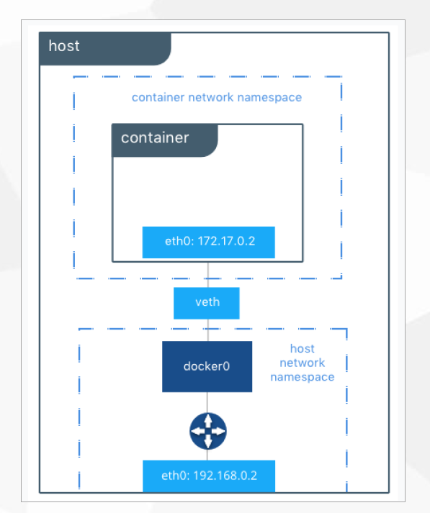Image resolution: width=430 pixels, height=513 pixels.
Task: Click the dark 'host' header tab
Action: click(104, 48)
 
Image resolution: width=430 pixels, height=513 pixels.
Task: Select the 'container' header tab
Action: click(165, 140)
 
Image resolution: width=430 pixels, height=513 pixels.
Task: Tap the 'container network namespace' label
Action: click(217, 98)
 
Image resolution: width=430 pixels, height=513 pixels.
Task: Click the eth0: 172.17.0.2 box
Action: click(209, 242)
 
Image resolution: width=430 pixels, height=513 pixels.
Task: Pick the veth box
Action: click(207, 303)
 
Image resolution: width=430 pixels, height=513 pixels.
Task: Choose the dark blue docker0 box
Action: click(207, 366)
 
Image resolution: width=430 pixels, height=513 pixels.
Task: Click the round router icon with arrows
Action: click(208, 431)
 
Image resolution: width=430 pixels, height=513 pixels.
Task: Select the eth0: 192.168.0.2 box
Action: click(209, 476)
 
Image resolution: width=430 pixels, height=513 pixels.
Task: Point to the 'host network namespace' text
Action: click(303, 363)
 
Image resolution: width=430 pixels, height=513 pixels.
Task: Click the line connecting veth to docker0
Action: click(207, 330)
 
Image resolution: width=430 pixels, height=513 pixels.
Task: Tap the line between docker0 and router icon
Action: click(207, 402)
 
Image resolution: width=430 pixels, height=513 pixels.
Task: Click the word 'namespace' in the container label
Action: click(269, 98)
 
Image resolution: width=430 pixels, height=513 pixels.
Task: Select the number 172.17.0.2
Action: click(226, 241)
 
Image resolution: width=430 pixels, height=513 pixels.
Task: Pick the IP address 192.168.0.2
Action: click(225, 476)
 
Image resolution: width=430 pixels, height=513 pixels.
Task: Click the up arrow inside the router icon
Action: click(208, 421)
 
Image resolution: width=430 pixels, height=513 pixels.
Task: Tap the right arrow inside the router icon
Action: click(218, 431)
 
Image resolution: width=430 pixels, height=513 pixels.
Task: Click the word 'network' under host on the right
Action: click(303, 363)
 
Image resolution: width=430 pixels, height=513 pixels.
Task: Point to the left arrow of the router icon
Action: click(197, 431)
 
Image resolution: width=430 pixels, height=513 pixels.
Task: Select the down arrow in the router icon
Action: click(208, 442)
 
